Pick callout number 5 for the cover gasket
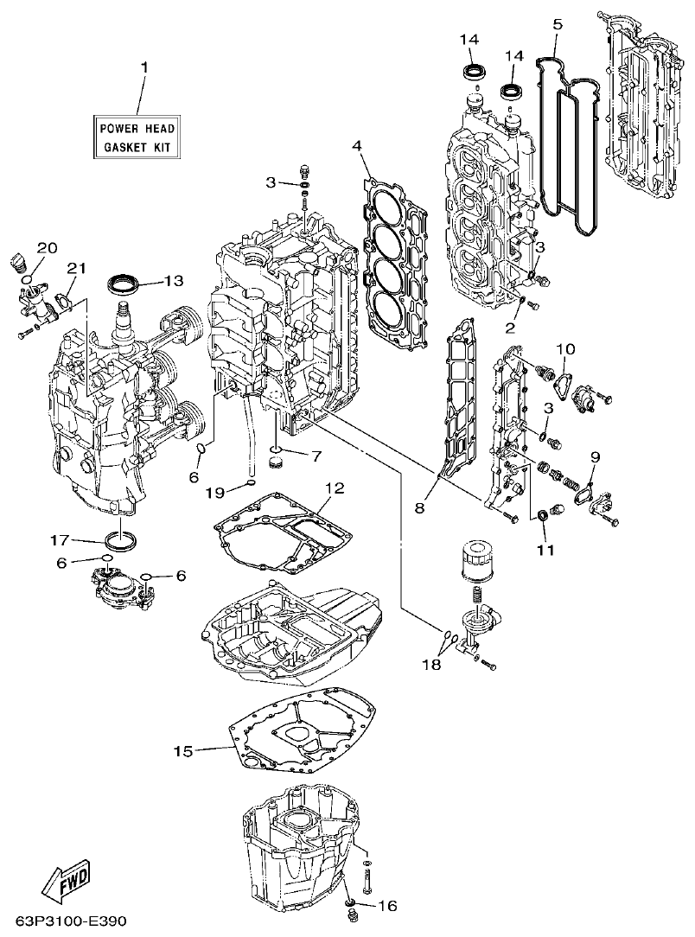pos(558,23)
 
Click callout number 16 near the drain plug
pos(387,906)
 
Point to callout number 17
pos(59,540)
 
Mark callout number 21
pos(76,269)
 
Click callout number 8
pos(419,508)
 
